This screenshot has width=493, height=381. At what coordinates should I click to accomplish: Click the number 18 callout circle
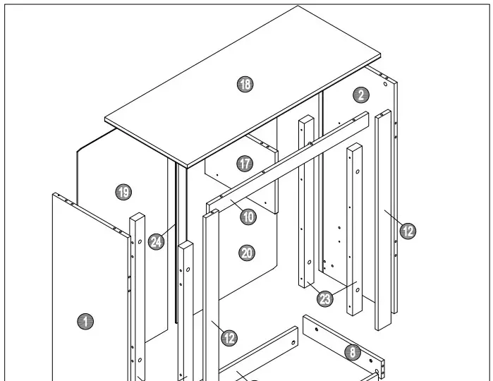pyautogui.click(x=245, y=85)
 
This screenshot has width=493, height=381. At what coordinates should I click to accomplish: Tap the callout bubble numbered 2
pyautogui.click(x=360, y=95)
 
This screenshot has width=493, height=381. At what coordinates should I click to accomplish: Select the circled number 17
pyautogui.click(x=245, y=164)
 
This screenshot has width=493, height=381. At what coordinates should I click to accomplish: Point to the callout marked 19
pyautogui.click(x=123, y=191)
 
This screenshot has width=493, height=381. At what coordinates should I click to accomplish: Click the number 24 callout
pyautogui.click(x=157, y=242)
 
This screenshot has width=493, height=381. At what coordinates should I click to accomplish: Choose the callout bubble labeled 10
pyautogui.click(x=248, y=217)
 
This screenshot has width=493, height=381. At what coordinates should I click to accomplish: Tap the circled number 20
pyautogui.click(x=247, y=253)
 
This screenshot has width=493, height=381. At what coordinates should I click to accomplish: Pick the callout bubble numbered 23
pyautogui.click(x=324, y=298)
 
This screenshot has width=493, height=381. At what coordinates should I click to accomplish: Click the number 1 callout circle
pyautogui.click(x=85, y=322)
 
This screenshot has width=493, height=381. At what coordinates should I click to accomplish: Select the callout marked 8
pyautogui.click(x=353, y=351)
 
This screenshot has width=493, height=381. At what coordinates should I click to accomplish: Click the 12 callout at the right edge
pyautogui.click(x=408, y=230)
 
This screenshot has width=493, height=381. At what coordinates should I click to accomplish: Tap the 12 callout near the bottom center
pyautogui.click(x=229, y=338)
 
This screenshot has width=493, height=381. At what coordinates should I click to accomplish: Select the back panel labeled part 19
pyautogui.click(x=106, y=162)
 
